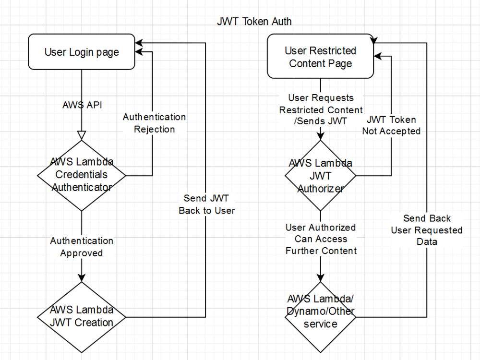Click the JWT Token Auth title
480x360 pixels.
point(254,22)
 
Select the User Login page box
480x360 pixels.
point(82,52)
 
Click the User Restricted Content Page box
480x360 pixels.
point(320,57)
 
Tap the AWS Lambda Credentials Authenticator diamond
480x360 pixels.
point(82,175)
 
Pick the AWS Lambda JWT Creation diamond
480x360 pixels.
point(82,316)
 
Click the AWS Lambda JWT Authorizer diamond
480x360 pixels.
point(320,175)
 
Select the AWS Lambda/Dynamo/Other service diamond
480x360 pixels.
point(320,317)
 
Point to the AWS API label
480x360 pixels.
point(82,105)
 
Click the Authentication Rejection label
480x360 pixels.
point(154,123)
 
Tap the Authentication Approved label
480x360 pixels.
point(82,247)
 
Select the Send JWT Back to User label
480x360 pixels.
point(206,204)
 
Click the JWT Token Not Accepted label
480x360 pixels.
point(391,125)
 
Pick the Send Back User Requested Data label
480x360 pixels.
point(426,230)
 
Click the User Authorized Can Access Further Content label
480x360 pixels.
point(321,239)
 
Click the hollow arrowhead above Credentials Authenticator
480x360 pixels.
point(82,135)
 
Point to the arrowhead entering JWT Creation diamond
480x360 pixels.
point(82,277)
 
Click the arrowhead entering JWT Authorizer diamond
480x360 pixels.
point(320,136)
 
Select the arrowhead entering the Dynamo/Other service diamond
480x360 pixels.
point(320,278)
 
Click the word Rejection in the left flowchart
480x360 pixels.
point(154,129)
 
